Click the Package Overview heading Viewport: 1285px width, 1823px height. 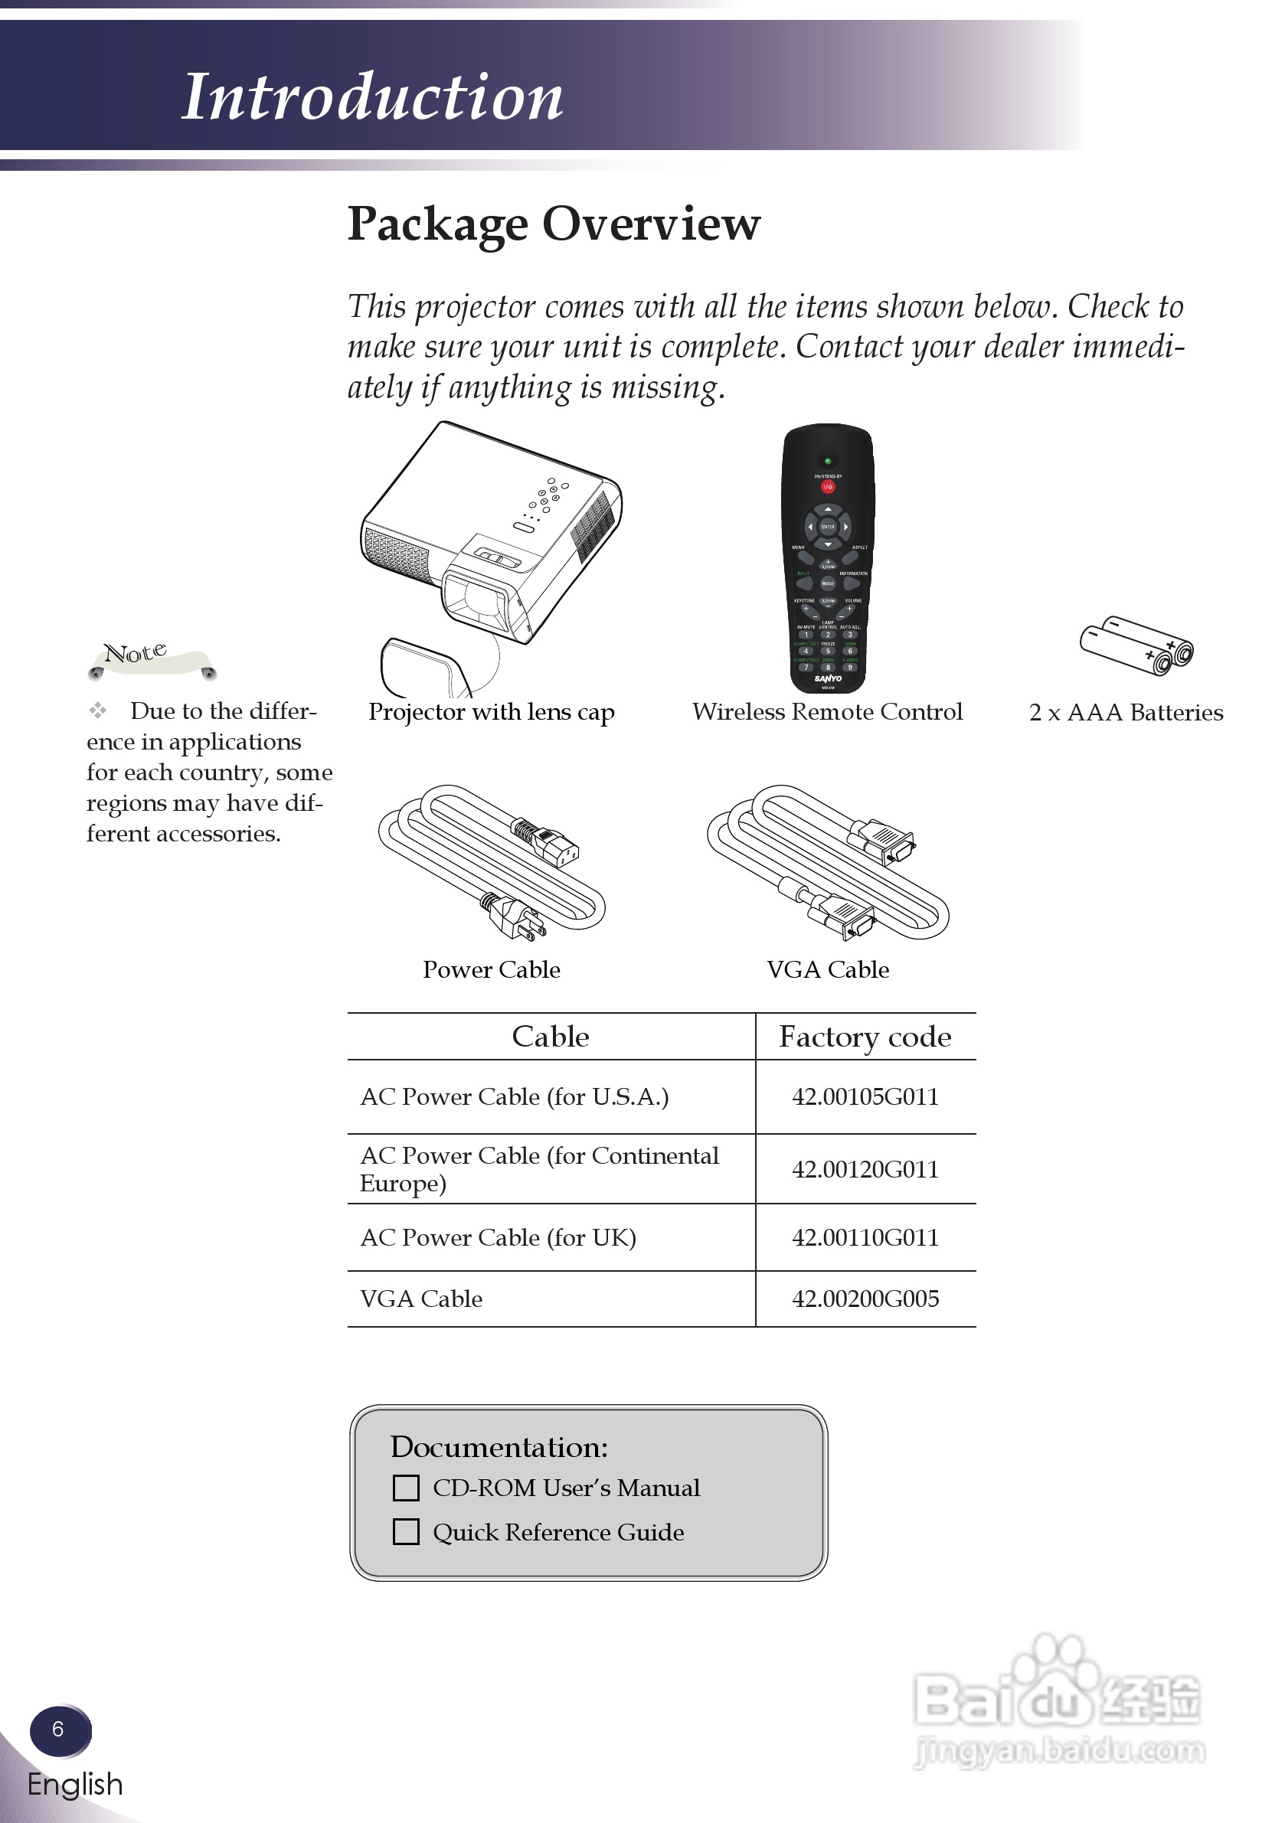point(554,224)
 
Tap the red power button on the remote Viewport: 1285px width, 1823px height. point(828,486)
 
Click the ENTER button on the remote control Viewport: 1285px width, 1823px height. point(828,527)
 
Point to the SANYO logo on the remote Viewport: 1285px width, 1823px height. point(828,678)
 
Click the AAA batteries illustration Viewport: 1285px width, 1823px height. point(1136,645)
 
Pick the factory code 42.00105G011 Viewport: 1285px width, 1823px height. point(865,1096)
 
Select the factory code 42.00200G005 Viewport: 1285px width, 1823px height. point(865,1299)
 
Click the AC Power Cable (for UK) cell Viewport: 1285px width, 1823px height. point(498,1237)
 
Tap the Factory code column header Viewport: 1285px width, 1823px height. point(865,1037)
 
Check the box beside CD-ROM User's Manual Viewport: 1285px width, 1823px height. point(406,1487)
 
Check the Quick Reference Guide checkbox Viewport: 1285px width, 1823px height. point(406,1531)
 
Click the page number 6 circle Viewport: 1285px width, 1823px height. point(59,1730)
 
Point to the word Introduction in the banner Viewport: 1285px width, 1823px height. point(372,97)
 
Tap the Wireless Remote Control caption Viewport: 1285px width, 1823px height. point(828,711)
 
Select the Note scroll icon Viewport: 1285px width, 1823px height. point(151,659)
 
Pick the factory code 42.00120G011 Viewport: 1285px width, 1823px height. point(865,1168)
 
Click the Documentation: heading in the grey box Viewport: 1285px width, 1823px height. point(499,1446)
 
